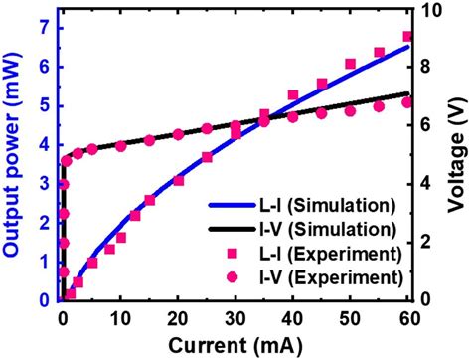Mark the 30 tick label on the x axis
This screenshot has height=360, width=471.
[x=235, y=318]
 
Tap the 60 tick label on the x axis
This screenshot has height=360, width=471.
[x=406, y=318]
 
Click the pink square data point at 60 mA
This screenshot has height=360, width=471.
[x=406, y=36]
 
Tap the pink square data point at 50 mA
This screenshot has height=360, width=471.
[x=350, y=64]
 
